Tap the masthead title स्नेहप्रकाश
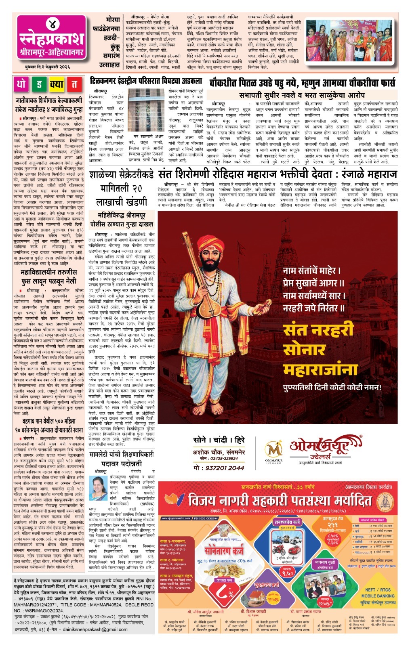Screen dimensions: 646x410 52,40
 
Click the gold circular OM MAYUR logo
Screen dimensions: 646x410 273,449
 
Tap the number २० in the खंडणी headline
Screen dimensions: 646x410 137,188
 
